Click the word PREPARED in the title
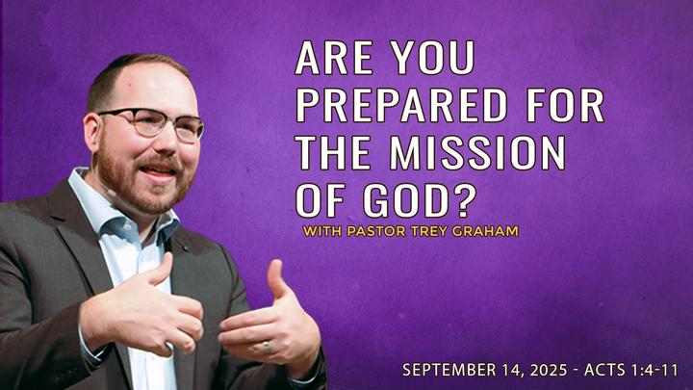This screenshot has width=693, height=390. pyautogui.click(x=401, y=106)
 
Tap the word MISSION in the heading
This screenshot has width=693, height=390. pyautogui.click(x=477, y=152)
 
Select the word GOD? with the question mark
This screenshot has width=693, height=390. pyautogui.click(x=419, y=200)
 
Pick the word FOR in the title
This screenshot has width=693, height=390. pyautogui.click(x=565, y=106)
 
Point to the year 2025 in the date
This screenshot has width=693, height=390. pyautogui.click(x=548, y=370)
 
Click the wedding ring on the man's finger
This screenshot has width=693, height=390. pyautogui.click(x=266, y=347)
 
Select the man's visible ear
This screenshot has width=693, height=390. pyautogui.click(x=92, y=133)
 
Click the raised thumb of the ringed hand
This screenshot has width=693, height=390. pyautogui.click(x=276, y=279)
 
